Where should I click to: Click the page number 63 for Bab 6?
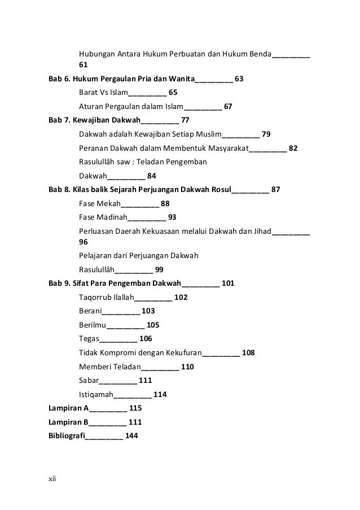(x=239, y=79)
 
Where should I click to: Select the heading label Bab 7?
(x=57, y=120)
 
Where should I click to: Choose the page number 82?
(x=293, y=149)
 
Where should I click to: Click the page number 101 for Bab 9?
(x=229, y=283)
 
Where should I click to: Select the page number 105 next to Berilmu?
(x=153, y=325)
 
